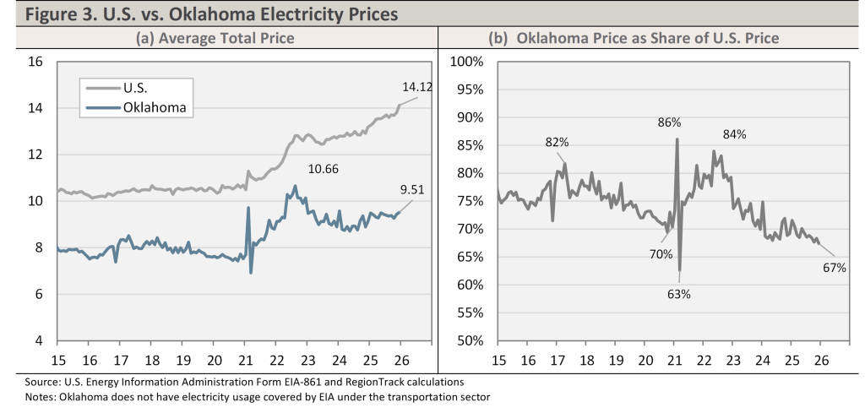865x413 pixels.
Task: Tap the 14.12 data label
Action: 416,85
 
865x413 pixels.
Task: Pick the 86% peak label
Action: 670,122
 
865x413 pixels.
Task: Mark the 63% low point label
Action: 679,294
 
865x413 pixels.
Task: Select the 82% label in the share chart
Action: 556,143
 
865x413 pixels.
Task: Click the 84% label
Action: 734,134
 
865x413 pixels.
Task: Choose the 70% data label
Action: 660,253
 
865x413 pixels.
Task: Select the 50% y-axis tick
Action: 471,341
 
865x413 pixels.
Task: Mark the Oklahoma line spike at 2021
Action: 248,208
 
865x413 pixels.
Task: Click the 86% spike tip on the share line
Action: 677,139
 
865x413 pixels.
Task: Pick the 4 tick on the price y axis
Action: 38,341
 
